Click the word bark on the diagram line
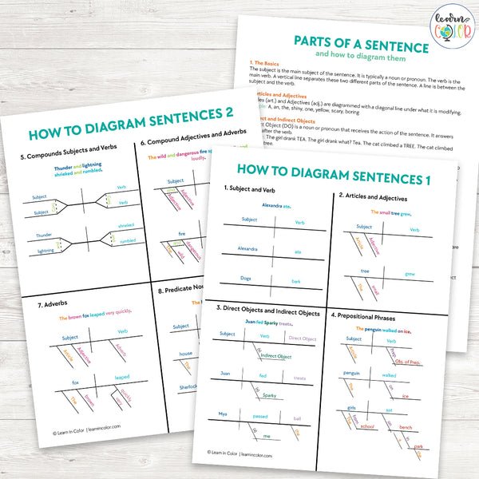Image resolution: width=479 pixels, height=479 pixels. (x=295, y=282)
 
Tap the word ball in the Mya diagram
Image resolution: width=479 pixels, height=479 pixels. (x=297, y=418)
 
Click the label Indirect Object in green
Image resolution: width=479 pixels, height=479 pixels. (x=275, y=356)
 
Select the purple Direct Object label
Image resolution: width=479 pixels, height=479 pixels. (x=303, y=338)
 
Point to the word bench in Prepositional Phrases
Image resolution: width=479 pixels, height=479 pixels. (x=406, y=428)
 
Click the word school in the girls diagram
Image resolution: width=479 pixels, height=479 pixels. (x=367, y=427)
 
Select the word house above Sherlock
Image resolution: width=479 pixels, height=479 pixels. (x=185, y=353)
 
